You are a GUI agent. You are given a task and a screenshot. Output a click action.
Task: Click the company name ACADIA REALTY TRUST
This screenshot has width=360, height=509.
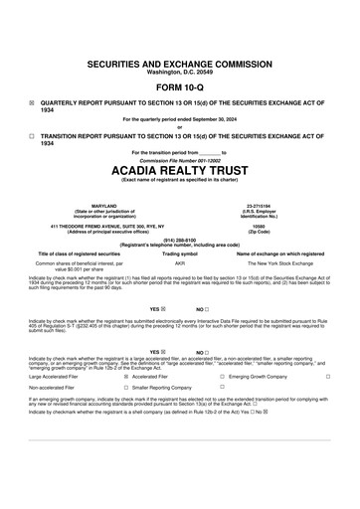pyautogui.click(x=180, y=169)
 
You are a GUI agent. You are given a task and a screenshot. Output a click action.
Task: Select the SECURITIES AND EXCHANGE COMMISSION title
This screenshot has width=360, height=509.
pyautogui.click(x=180, y=62)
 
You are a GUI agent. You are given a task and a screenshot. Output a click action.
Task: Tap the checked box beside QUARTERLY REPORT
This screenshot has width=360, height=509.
pyautogui.click(x=32, y=101)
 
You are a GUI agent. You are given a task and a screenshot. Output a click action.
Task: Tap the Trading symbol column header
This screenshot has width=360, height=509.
pyautogui.click(x=180, y=254)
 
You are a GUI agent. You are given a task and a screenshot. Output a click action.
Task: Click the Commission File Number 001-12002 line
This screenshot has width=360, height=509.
pyautogui.click(x=180, y=159)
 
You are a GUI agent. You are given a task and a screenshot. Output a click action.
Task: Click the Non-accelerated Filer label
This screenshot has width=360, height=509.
pyautogui.click(x=58, y=388)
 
